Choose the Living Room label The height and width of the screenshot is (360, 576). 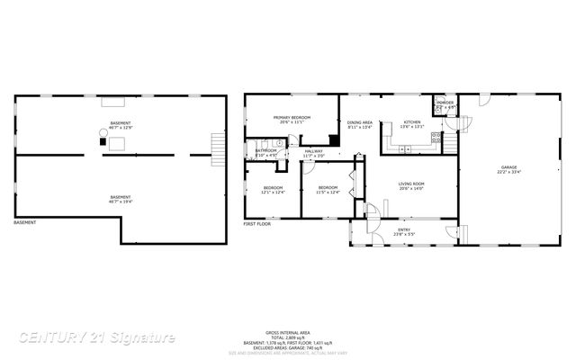click(411, 186)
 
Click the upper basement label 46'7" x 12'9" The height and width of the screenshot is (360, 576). click(120, 124)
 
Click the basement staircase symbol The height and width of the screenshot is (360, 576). click(215, 148)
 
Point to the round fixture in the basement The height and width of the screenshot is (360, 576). click(102, 134)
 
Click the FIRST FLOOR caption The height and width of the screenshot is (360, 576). click(256, 223)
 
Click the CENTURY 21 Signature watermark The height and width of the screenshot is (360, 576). click(96, 337)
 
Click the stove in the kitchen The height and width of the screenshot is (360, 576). click(436, 138)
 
